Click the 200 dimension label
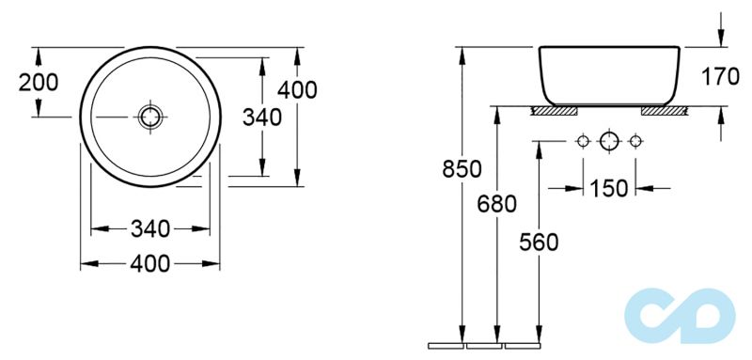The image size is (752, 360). click(39, 83)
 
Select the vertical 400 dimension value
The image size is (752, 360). click(297, 90)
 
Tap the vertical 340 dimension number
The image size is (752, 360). click(262, 117)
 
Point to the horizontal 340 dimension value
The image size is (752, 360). click(150, 229)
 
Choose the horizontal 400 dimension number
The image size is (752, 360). click(150, 263)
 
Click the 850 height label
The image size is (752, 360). click(462, 169)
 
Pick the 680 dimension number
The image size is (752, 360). click(497, 205)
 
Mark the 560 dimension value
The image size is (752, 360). click(539, 243)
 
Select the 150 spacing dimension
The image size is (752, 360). click(608, 188)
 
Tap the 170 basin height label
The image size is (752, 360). click(720, 77)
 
